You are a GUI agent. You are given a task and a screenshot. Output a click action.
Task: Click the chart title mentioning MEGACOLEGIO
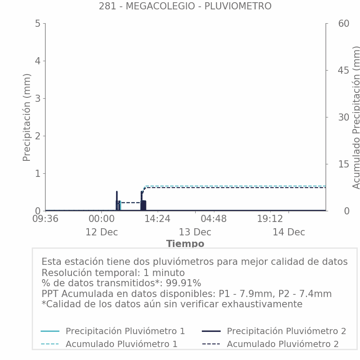point(185,6)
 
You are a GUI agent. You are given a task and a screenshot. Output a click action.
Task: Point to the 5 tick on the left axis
point(38,23)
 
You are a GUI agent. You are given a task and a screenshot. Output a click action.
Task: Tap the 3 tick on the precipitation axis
point(38,98)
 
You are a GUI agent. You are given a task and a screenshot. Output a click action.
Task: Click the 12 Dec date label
point(101,232)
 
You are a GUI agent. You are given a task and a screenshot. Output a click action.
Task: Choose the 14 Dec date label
point(289,232)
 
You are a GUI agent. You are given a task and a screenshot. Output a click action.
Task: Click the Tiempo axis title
point(185,244)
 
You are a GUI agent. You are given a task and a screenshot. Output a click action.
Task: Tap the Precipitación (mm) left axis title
point(27,117)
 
